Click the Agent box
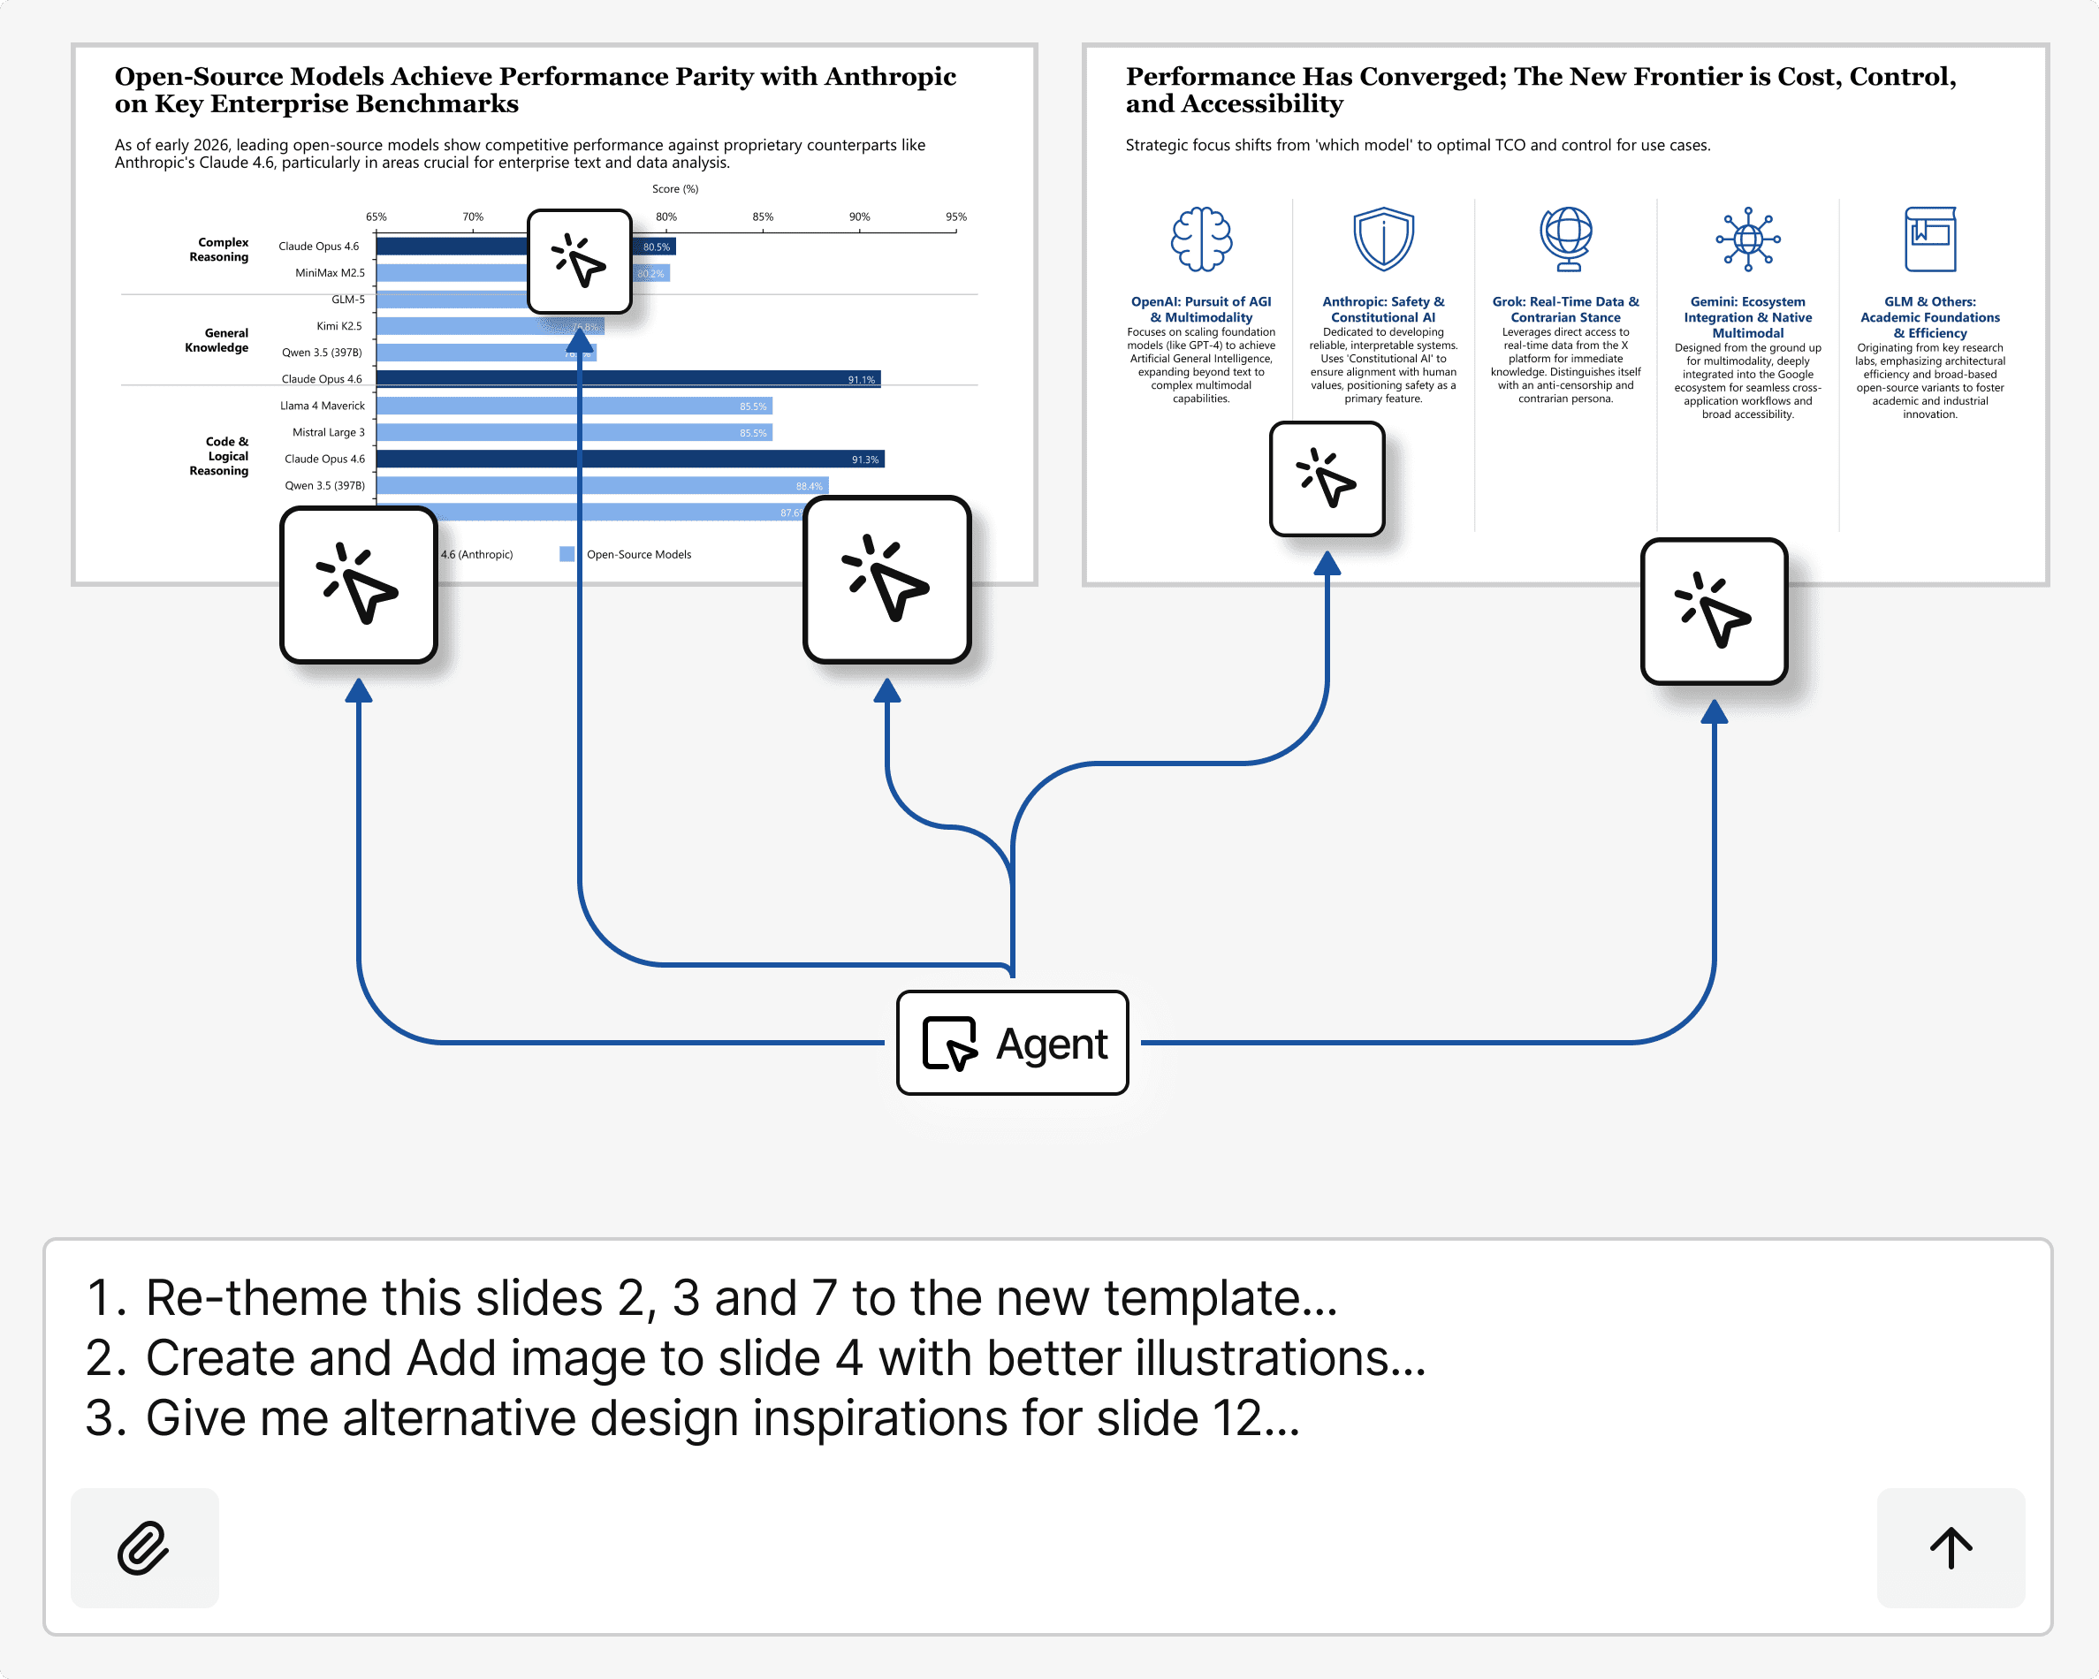[x=1012, y=1043]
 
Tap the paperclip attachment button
[x=144, y=1547]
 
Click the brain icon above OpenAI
[x=1200, y=239]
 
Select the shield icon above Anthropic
[x=1382, y=239]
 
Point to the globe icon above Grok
[x=1565, y=239]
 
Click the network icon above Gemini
[x=1747, y=239]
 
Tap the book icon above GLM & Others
[x=1929, y=239]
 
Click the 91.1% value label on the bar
[x=861, y=380]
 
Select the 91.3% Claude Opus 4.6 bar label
[x=864, y=460]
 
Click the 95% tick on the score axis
[x=955, y=217]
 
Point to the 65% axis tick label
[x=376, y=217]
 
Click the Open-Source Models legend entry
[x=638, y=555]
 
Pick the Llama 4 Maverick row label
[x=323, y=406]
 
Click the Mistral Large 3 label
[x=328, y=432]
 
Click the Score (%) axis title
[x=674, y=189]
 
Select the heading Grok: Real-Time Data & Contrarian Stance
[x=1564, y=309]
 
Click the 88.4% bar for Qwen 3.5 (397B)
[x=808, y=486]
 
